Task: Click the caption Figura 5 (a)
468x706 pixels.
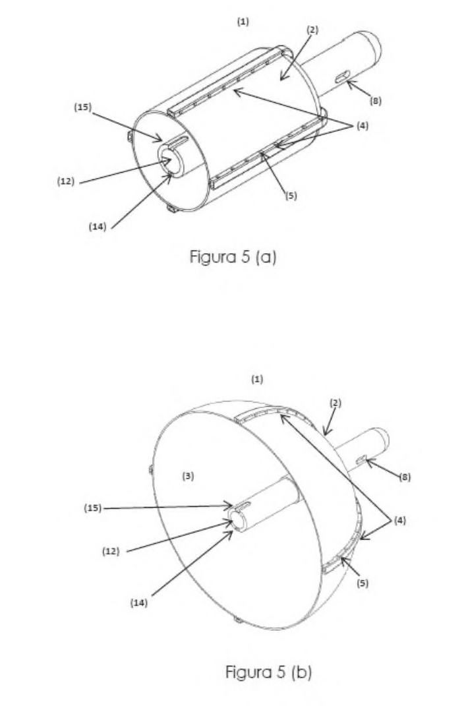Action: coord(233,257)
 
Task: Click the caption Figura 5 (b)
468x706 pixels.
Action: coord(268,672)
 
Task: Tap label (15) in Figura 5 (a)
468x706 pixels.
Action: coord(82,107)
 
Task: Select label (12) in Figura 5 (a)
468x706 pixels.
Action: coord(66,181)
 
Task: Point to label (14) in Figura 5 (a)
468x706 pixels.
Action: coord(98,226)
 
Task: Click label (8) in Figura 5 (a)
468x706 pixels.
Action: coord(376,101)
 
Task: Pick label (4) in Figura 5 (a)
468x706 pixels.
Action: coord(363,126)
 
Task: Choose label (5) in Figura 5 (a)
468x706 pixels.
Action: coord(291,195)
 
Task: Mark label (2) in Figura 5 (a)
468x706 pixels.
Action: coord(312,30)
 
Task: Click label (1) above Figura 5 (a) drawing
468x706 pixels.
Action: coord(243,21)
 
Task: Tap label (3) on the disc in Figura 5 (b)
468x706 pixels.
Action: coord(188,475)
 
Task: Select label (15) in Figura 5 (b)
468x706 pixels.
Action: coord(93,508)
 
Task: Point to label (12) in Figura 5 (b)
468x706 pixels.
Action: coord(111,551)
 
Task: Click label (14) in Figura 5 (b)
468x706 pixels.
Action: coord(138,603)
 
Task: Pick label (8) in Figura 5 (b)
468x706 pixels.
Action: coord(405,477)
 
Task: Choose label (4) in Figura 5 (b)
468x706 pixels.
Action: coord(400,521)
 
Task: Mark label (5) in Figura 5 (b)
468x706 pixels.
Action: coord(363,583)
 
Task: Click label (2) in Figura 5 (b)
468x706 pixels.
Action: coord(335,403)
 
